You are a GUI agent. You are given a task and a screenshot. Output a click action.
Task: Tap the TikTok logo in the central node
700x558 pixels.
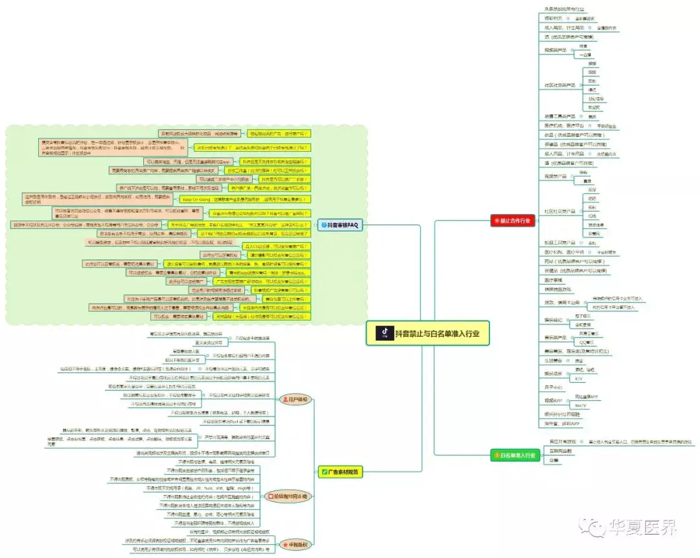point(385,333)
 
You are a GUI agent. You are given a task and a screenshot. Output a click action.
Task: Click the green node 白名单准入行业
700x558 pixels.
point(513,455)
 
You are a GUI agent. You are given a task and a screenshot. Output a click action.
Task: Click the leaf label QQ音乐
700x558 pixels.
point(587,342)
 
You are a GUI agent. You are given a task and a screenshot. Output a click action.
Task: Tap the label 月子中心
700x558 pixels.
point(556,387)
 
